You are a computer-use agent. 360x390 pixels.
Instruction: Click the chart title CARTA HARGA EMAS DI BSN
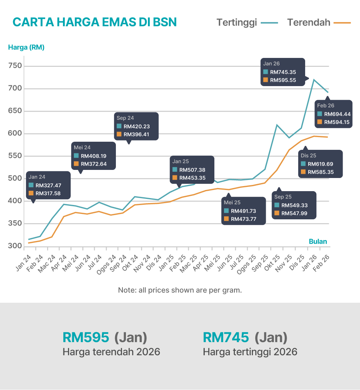tap(94, 22)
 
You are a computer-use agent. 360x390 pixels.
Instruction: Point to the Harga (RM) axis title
tap(26, 47)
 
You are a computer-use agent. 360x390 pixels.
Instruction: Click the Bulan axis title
tap(318, 242)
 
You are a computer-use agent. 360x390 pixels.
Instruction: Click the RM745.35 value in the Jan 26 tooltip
tap(283, 72)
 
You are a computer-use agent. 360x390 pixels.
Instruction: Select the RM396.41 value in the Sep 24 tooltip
tap(136, 135)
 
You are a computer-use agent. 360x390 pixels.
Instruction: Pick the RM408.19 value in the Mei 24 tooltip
tap(93, 156)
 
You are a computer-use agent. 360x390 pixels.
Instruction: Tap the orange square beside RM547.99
tap(277, 213)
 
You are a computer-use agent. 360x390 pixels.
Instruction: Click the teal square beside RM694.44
tap(319, 114)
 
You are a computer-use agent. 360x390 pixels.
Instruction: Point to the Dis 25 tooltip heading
tap(309, 156)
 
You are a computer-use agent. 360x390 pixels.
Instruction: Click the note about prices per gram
tap(180, 290)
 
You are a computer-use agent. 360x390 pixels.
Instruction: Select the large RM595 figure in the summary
tap(86, 337)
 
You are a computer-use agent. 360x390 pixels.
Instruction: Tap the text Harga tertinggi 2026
tap(250, 352)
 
